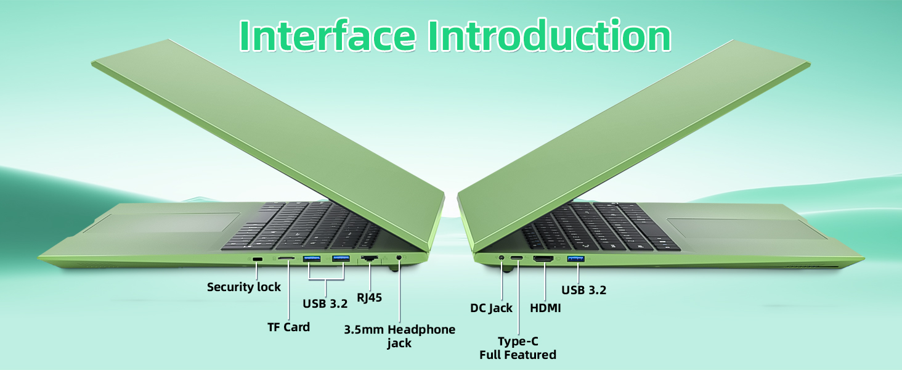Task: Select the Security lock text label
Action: pyautogui.click(x=244, y=287)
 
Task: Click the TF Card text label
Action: pyautogui.click(x=288, y=327)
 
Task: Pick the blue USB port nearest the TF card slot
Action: pyautogui.click(x=312, y=258)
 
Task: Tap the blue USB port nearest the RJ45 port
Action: pyautogui.click(x=341, y=258)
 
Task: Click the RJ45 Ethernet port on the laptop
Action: pyautogui.click(x=370, y=258)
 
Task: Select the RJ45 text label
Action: pyautogui.click(x=370, y=298)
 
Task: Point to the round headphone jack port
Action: pyautogui.click(x=400, y=258)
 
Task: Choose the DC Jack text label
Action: pyautogui.click(x=491, y=308)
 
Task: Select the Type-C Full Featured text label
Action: pyautogui.click(x=518, y=348)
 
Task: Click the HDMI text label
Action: pyautogui.click(x=545, y=308)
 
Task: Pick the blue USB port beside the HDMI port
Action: pyautogui.click(x=575, y=258)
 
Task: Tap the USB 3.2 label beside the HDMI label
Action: pyautogui.click(x=583, y=289)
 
